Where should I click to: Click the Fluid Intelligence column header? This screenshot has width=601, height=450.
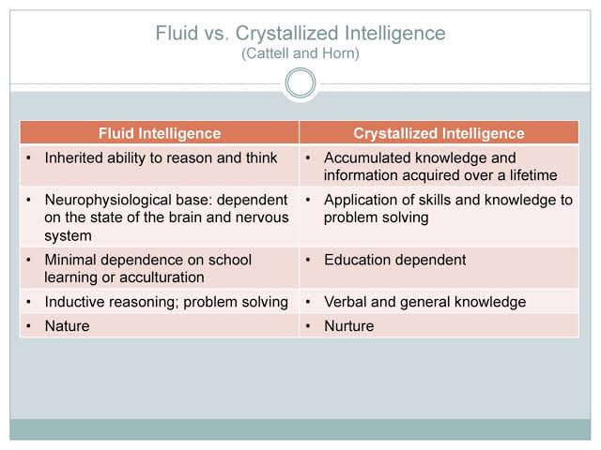point(160,133)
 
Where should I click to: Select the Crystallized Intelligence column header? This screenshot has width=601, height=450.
point(439,133)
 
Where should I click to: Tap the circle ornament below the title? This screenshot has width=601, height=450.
point(300,84)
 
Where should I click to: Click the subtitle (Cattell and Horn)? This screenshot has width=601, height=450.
point(300,54)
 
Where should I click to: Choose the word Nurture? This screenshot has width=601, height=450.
point(348,326)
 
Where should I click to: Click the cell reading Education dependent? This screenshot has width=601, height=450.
point(394,260)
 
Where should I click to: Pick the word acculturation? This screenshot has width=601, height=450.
point(170,277)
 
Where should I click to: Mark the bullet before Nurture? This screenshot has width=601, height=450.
point(308,326)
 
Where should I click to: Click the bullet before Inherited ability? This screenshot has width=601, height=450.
point(29,157)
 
